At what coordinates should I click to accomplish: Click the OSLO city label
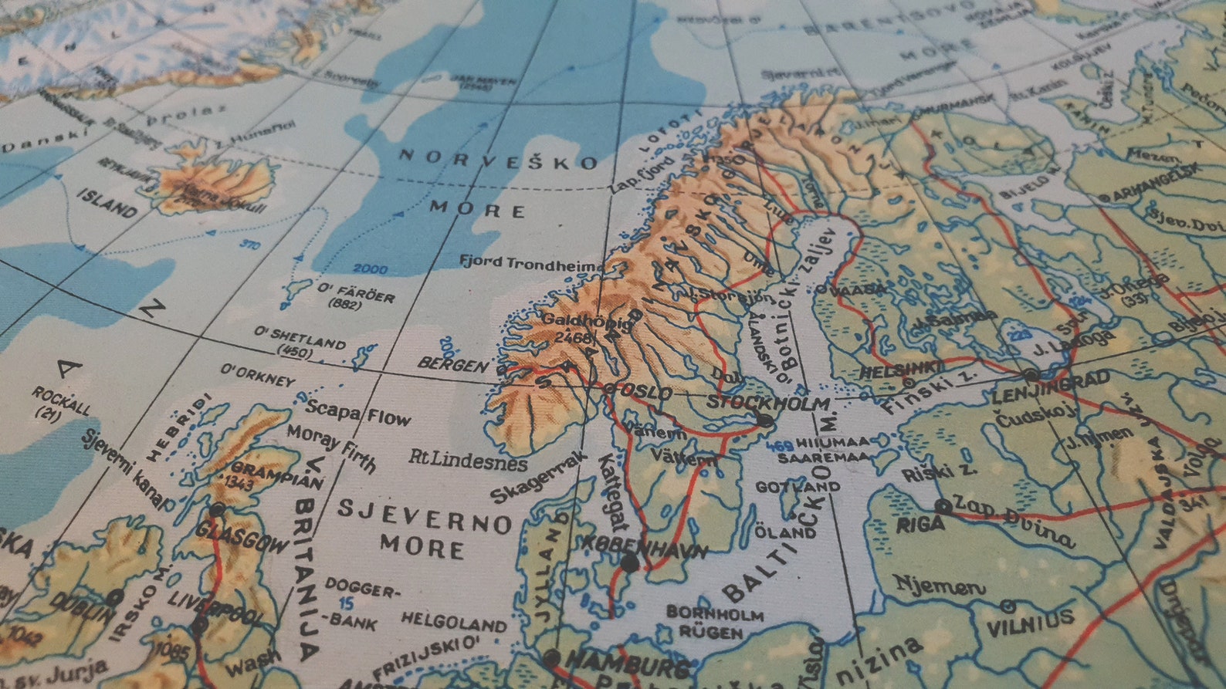[x=644, y=393]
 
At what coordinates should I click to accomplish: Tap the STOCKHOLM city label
[x=768, y=403]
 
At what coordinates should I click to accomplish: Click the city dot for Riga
[x=943, y=506]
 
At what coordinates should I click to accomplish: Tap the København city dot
[x=629, y=564]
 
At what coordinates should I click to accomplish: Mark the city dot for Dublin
[x=115, y=596]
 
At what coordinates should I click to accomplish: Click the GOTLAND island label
[x=798, y=487]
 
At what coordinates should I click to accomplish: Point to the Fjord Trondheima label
[x=532, y=263]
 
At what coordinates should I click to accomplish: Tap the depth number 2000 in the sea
[x=371, y=269]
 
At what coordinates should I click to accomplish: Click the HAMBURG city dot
[x=551, y=658]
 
